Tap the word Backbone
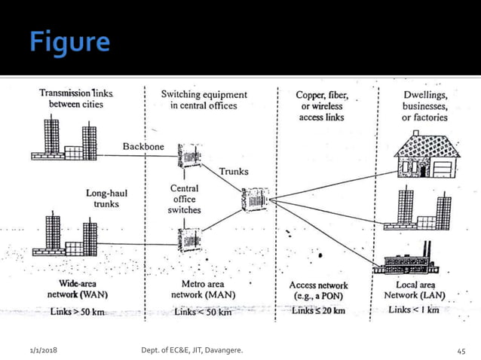143,145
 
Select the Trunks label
233,172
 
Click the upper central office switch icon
188,156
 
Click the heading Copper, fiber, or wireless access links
319,105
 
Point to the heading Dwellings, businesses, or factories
424,105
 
